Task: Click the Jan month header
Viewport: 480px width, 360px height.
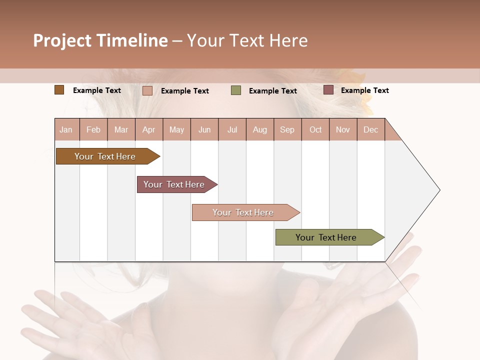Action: [66, 129]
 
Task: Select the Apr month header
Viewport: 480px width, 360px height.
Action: [149, 129]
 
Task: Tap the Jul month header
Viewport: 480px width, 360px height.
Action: [232, 129]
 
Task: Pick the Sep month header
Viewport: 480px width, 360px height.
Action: [287, 129]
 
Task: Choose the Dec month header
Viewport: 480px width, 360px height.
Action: [370, 129]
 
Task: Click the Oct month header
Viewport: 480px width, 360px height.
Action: [315, 129]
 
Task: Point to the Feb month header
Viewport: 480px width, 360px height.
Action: [93, 129]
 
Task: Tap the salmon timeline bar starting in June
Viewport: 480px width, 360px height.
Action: [244, 212]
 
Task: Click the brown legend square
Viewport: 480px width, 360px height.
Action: [59, 90]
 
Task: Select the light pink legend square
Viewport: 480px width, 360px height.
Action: [147, 90]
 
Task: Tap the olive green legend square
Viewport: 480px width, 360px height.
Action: [236, 90]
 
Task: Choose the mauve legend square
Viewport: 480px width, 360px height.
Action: [328, 90]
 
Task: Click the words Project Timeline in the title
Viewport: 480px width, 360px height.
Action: [100, 40]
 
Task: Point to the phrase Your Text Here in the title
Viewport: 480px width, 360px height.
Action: [247, 40]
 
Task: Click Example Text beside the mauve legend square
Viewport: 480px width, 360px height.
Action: [364, 90]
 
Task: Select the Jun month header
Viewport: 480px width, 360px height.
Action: [204, 129]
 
